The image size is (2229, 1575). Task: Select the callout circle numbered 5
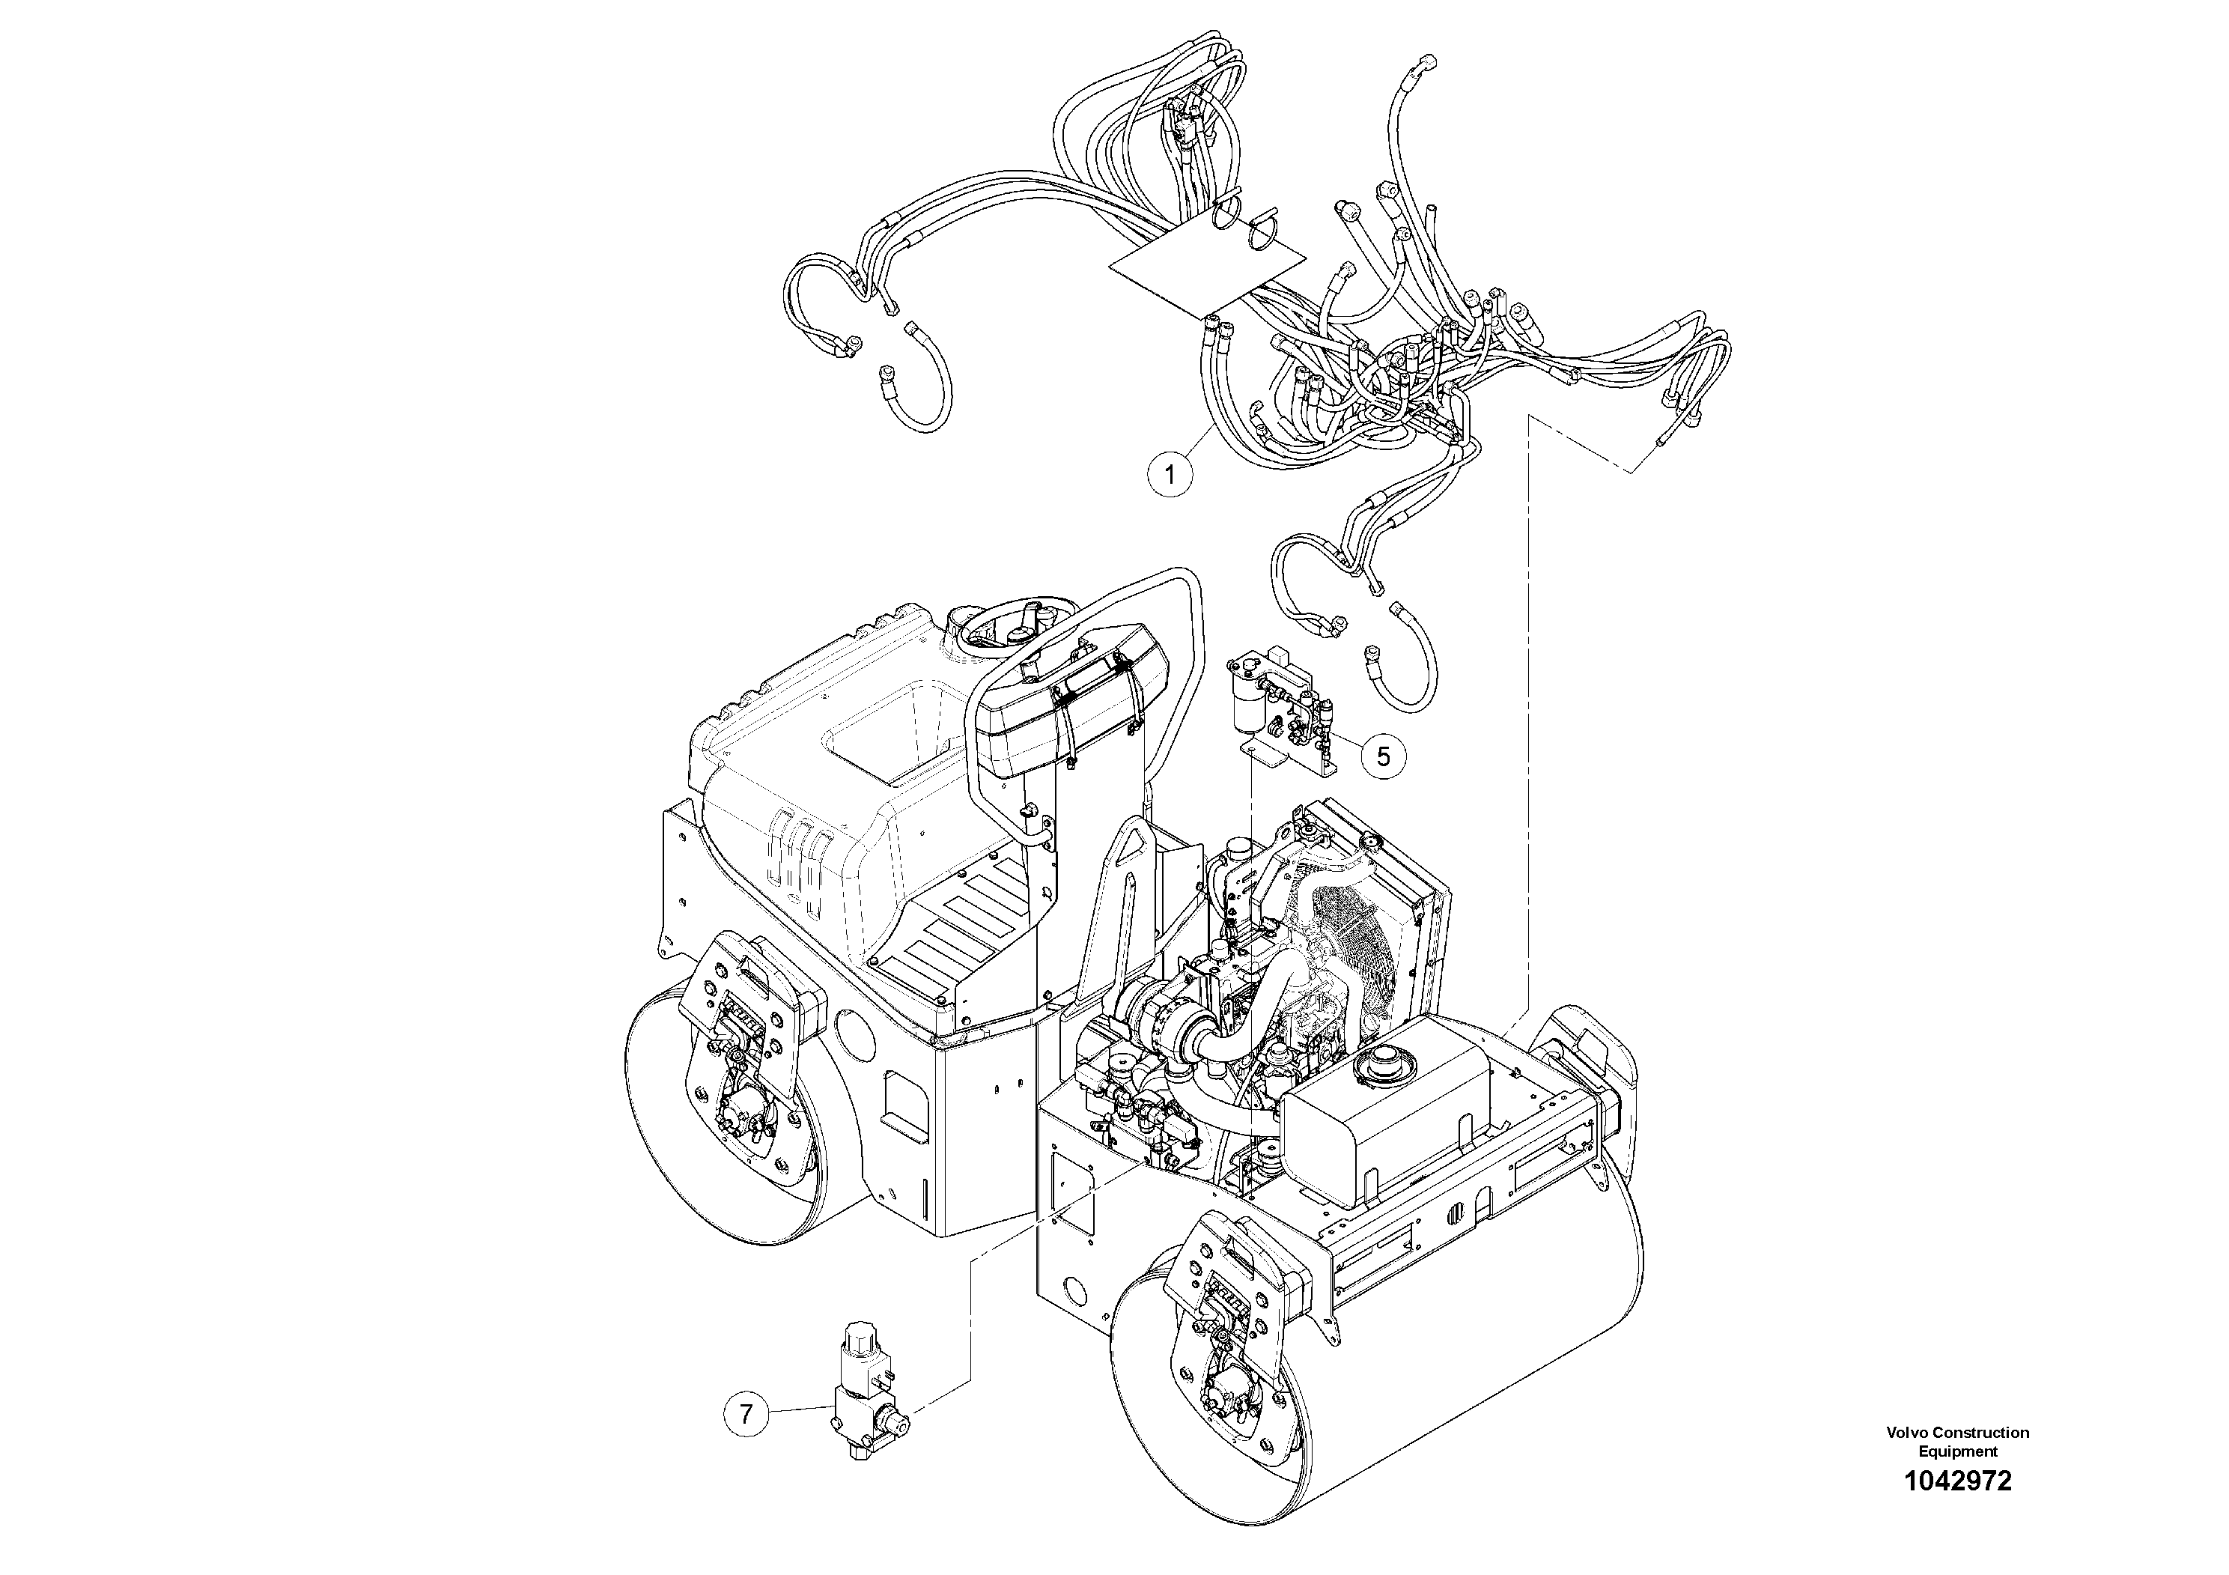1384,756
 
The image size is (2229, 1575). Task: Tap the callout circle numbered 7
746,1414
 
